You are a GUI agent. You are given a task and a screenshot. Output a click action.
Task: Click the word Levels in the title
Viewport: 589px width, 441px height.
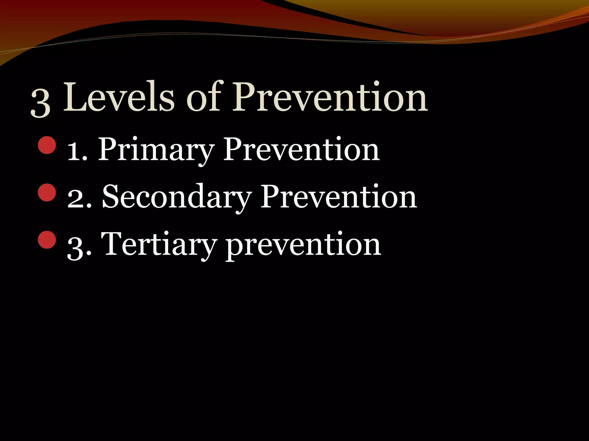pyautogui.click(x=118, y=97)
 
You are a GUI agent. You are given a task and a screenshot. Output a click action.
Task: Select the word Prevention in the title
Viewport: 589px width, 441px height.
pyautogui.click(x=330, y=97)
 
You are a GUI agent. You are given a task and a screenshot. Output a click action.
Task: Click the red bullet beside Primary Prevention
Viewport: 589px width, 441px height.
pyautogui.click(x=47, y=145)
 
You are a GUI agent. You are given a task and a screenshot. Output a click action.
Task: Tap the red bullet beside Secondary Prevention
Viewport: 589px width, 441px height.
pyautogui.click(x=47, y=192)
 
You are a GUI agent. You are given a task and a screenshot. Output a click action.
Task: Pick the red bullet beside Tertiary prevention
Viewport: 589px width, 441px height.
pyautogui.click(x=47, y=239)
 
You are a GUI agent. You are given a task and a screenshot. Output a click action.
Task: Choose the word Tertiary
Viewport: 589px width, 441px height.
pyautogui.click(x=158, y=245)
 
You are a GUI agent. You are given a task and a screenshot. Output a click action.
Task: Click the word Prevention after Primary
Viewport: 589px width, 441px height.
pyautogui.click(x=301, y=149)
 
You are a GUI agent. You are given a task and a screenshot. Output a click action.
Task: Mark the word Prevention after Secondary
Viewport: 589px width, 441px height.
pyautogui.click(x=339, y=197)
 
